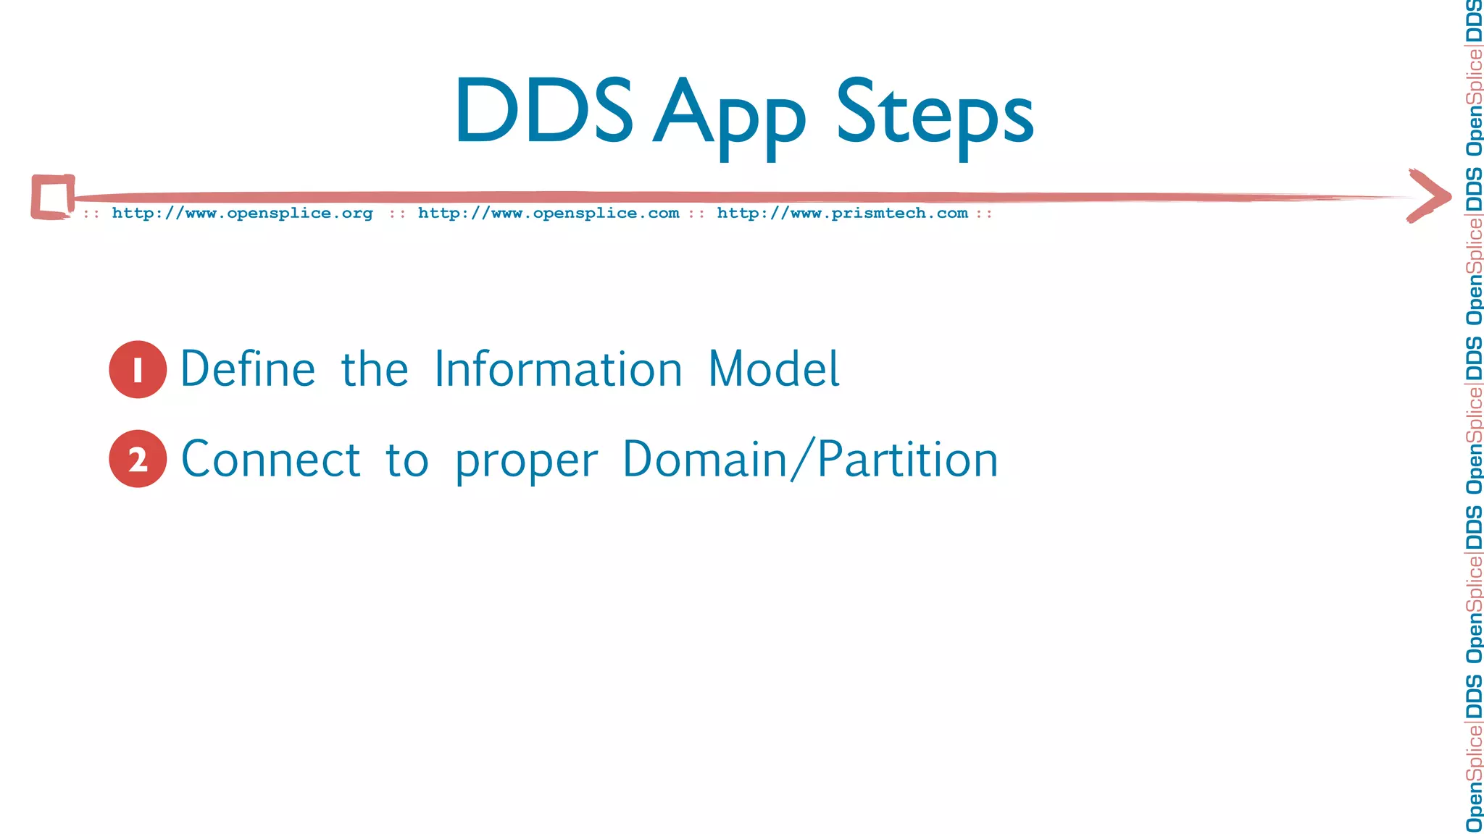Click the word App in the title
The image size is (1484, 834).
(x=729, y=116)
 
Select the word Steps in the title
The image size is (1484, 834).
(x=935, y=116)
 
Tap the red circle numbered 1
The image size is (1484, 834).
(x=138, y=369)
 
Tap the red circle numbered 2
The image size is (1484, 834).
(x=138, y=459)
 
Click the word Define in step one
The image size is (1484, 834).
(x=248, y=369)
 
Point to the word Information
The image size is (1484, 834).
(x=558, y=369)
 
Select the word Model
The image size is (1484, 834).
(x=773, y=369)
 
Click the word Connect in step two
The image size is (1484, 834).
(x=270, y=459)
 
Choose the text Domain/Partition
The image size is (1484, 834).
(x=810, y=459)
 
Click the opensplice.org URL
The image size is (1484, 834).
(x=242, y=213)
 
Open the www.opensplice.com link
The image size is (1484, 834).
(x=549, y=213)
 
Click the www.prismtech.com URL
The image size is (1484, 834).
(x=842, y=213)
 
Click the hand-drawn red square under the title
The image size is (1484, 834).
(x=52, y=197)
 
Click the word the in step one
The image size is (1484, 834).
(x=375, y=369)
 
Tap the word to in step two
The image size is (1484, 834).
(x=407, y=460)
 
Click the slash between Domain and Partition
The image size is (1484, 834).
(x=801, y=459)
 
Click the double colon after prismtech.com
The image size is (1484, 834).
(x=983, y=214)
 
